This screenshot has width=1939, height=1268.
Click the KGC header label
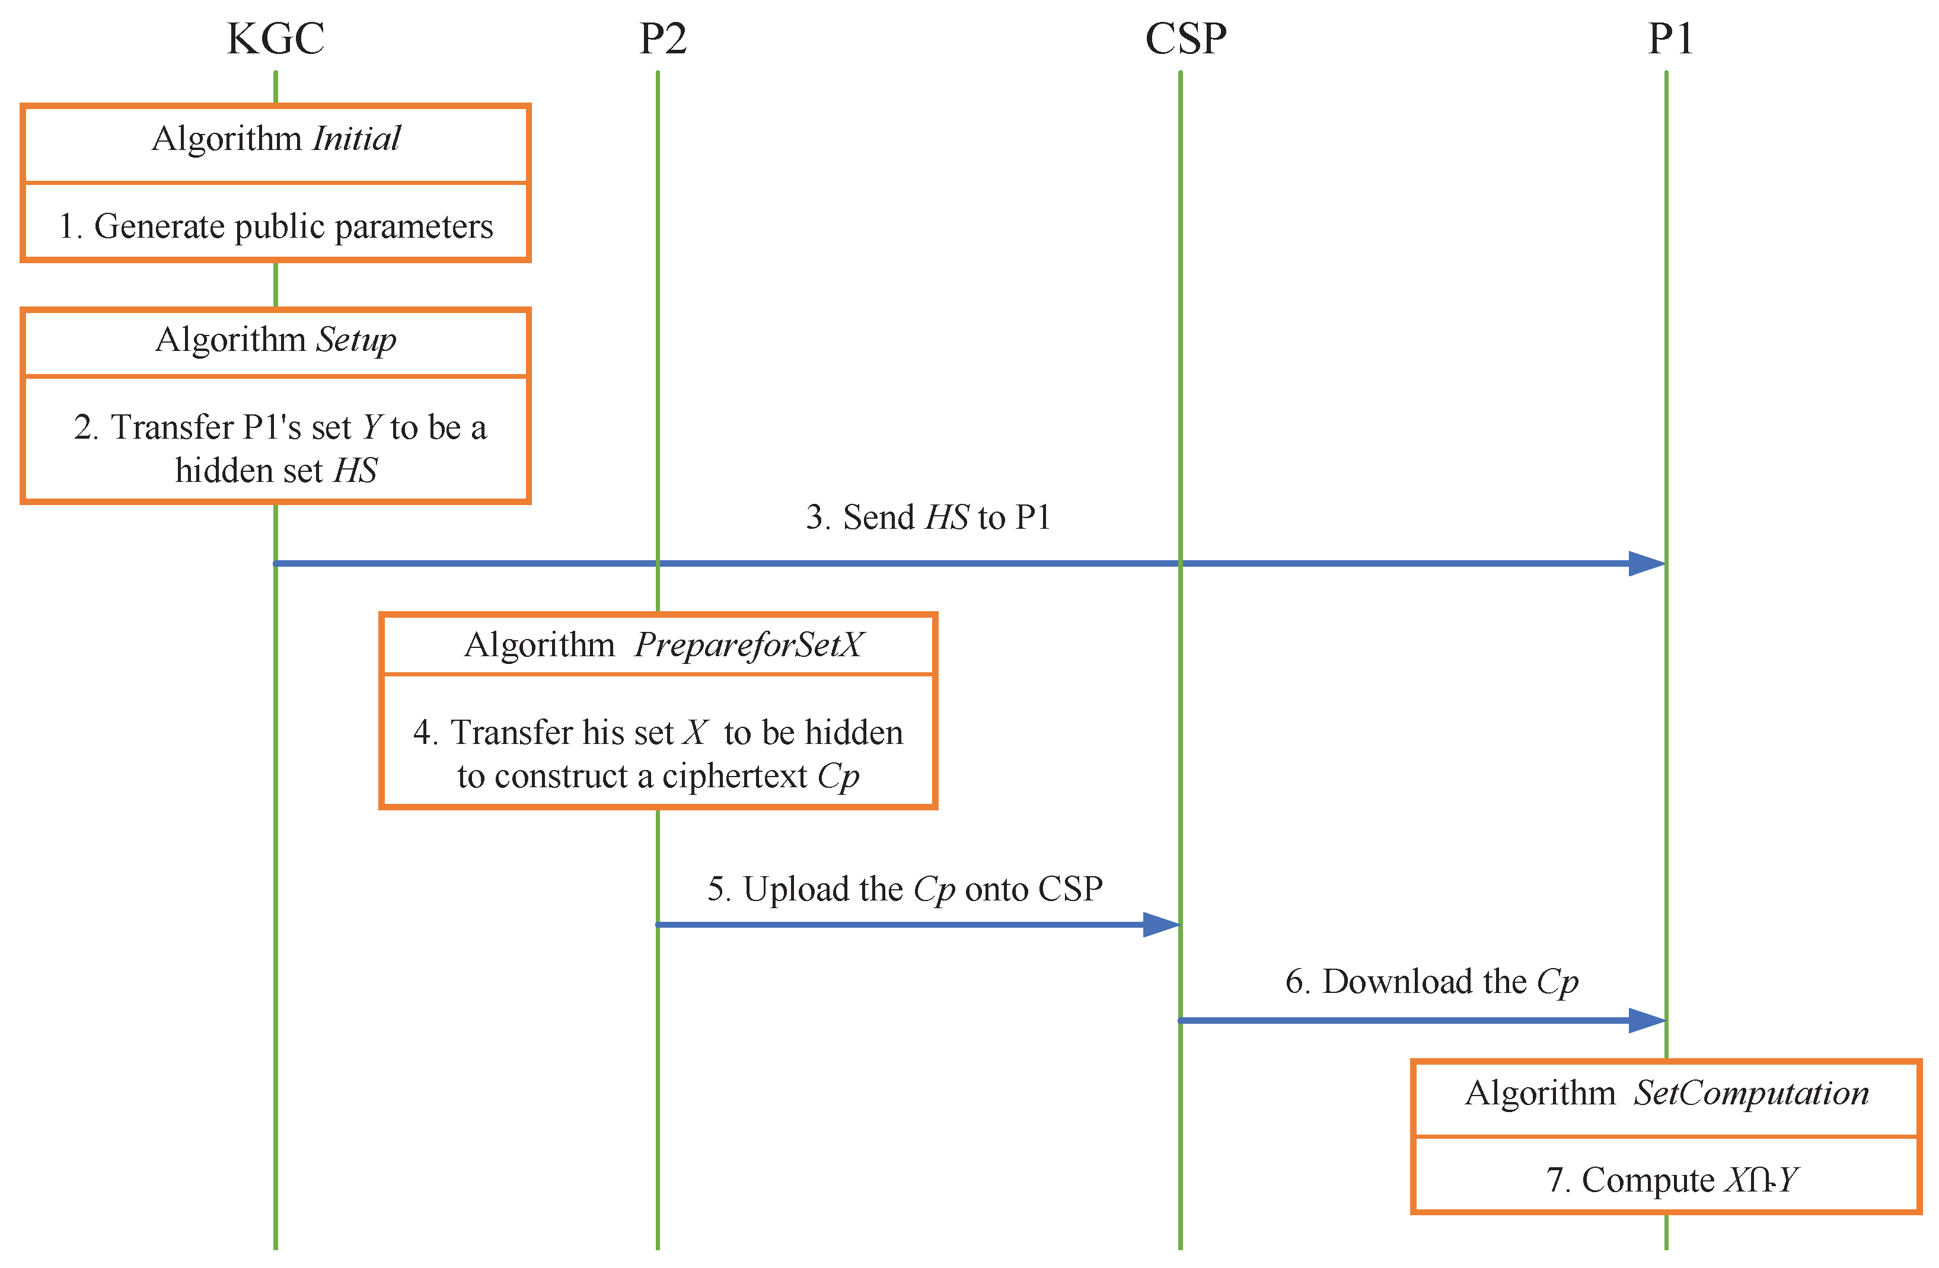275,39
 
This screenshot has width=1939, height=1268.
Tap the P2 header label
662,39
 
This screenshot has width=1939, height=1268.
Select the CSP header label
1185,39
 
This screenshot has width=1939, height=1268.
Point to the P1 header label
1670,39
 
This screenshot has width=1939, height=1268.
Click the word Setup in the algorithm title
356,340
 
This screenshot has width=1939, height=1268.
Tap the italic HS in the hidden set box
356,471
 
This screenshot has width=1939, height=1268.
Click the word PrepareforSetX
748,645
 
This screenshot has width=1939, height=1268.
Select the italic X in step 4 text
695,733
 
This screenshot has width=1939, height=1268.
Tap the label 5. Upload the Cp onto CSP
904,889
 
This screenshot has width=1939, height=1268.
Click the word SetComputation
1751,1094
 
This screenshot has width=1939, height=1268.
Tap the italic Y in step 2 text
372,427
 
